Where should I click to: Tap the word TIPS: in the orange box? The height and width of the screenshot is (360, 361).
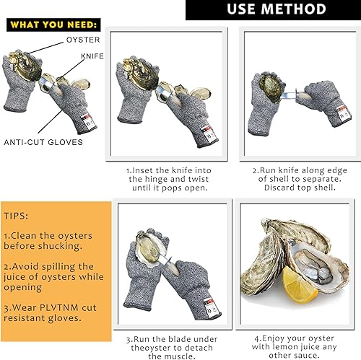[x=17, y=216]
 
